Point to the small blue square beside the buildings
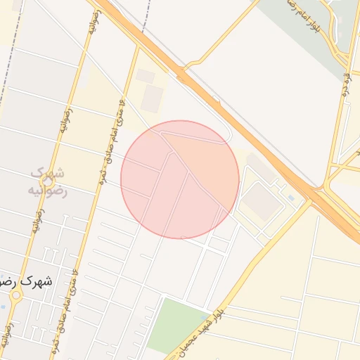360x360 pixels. point(291,198)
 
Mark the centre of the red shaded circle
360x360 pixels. point(180,179)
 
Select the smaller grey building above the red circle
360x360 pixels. point(146,76)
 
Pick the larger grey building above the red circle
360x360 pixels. point(151,99)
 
